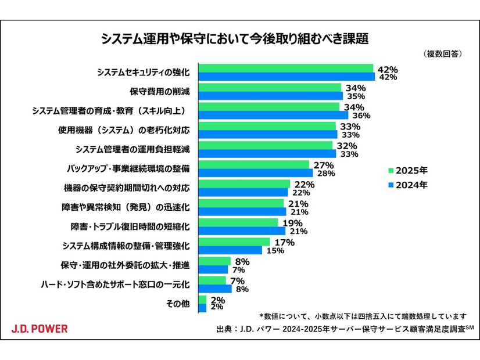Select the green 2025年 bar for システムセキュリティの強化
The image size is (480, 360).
tap(285, 69)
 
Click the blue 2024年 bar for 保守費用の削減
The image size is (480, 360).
tap(271, 96)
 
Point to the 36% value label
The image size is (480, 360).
tap(361, 116)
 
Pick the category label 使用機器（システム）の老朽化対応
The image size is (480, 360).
tap(124, 129)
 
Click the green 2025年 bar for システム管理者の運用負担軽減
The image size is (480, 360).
tap(265, 145)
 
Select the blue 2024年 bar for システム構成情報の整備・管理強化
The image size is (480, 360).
tap(230, 250)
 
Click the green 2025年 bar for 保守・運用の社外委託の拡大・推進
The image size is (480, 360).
tap(214, 261)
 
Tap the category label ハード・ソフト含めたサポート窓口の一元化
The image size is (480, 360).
tap(116, 285)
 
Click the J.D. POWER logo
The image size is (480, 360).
tap(40, 329)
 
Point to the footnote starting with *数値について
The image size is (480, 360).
tap(363, 316)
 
